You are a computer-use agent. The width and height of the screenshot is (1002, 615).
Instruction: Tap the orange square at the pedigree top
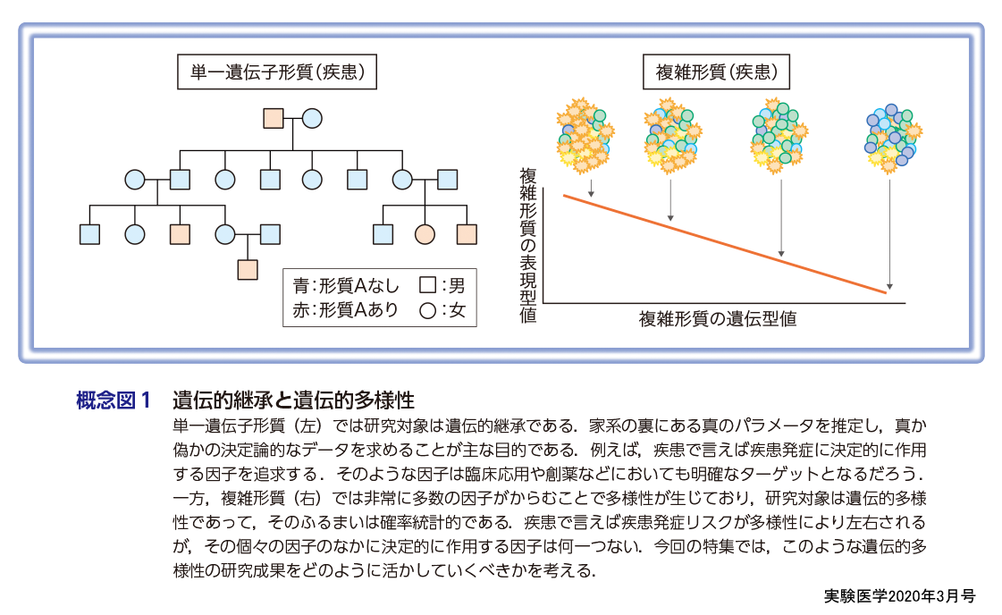[273, 118]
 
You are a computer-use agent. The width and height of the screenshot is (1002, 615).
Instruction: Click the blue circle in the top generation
[312, 118]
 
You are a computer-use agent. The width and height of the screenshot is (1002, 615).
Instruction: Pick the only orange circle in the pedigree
[424, 234]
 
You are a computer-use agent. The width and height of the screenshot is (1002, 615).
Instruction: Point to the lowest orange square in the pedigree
[248, 268]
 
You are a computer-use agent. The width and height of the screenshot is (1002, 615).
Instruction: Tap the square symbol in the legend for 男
[427, 286]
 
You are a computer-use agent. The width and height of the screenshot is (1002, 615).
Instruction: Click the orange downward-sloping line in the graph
[724, 242]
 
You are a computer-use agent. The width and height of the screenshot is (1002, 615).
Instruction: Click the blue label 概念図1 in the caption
[114, 400]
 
